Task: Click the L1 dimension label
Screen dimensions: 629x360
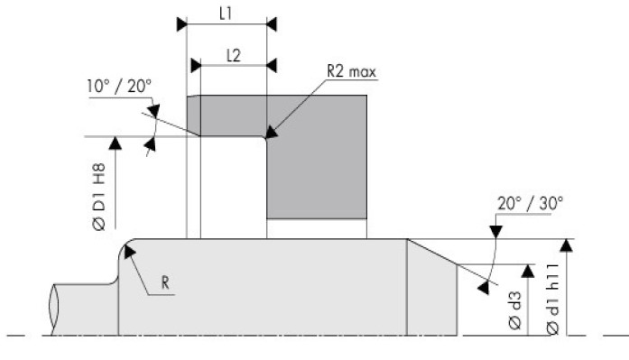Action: (226, 14)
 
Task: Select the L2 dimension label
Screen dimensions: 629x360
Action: (234, 55)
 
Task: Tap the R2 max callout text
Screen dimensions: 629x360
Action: (351, 71)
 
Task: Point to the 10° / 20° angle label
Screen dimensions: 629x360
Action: (119, 87)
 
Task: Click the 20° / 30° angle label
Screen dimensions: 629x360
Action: (531, 204)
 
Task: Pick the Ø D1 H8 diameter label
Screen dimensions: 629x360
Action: (99, 197)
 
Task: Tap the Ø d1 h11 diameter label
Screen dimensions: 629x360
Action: (552, 299)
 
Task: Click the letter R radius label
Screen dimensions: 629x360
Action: (165, 282)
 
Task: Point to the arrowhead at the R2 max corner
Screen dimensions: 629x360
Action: (271, 132)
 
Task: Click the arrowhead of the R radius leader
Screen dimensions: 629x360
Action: (129, 251)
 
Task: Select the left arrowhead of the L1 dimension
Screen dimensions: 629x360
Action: (181, 24)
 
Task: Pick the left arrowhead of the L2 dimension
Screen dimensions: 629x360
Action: (196, 65)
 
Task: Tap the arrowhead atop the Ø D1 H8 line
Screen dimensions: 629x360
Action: (116, 143)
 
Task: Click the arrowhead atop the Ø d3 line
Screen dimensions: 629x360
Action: (528, 271)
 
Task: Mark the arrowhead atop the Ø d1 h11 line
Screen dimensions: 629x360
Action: (566, 245)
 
